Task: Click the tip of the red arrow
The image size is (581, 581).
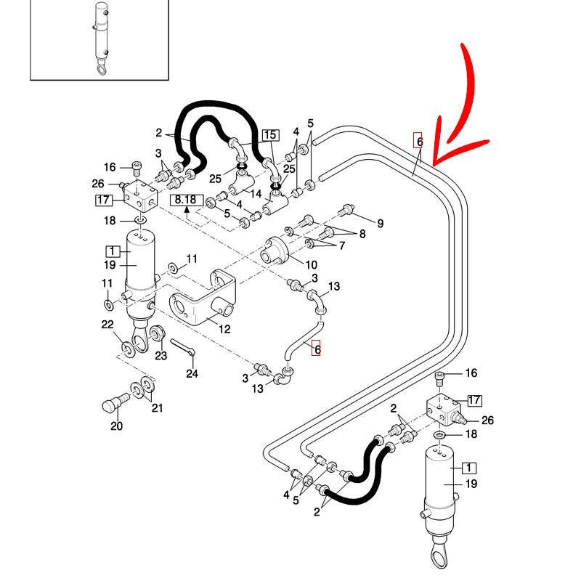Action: (x=434, y=161)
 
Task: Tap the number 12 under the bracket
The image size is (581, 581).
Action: (x=224, y=329)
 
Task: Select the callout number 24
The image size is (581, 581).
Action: (x=192, y=375)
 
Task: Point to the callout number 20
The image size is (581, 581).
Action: (x=116, y=426)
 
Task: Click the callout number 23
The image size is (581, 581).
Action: (x=161, y=356)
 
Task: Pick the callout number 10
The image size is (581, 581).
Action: (x=310, y=264)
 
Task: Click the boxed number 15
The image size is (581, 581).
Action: (x=270, y=135)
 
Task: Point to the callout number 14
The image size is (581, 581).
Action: (x=255, y=195)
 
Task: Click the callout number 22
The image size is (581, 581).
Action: (x=107, y=324)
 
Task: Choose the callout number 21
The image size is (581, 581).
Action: (x=157, y=407)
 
